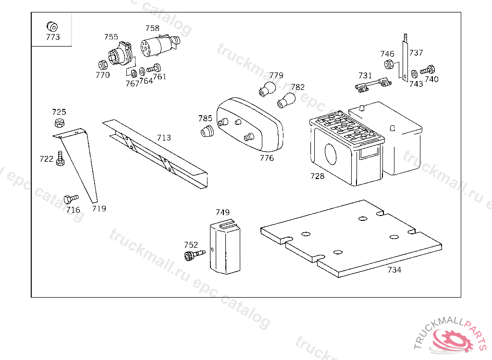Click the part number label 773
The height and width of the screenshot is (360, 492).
click(x=53, y=37)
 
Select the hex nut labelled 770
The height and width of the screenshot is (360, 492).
click(x=103, y=65)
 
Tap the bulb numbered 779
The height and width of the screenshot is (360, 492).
click(x=267, y=89)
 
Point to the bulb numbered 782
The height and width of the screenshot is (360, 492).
click(x=286, y=100)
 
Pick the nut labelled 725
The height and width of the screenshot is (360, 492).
click(x=59, y=122)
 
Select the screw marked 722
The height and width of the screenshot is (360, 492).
click(x=60, y=159)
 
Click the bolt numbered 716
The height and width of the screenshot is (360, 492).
click(x=71, y=199)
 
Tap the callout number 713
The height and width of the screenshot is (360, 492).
click(x=164, y=138)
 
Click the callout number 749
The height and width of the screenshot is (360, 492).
click(x=222, y=212)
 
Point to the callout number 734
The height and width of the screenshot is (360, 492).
click(x=394, y=270)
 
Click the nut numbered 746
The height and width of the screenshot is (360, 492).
click(x=389, y=64)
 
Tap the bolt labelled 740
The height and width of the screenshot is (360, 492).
click(x=428, y=70)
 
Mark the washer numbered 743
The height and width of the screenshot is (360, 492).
click(x=414, y=74)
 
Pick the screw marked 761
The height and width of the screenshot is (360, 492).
click(x=154, y=68)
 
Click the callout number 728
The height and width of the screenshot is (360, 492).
click(x=317, y=176)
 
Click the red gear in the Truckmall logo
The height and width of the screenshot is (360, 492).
click(x=453, y=340)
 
